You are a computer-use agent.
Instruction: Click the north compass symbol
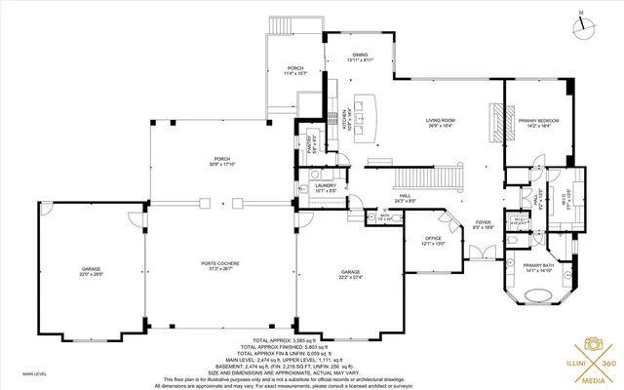point(583,25)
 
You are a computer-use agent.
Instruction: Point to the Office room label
point(433,240)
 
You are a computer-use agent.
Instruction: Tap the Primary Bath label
point(538,268)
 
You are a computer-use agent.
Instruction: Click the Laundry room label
point(325,187)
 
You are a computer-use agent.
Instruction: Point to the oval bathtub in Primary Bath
point(538,298)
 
